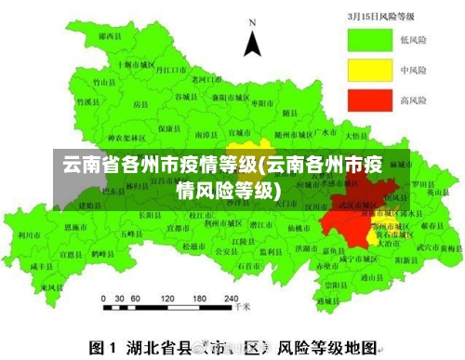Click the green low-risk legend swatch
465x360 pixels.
[368, 40]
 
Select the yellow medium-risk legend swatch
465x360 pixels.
[368, 70]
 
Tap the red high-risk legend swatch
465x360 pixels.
[368, 100]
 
